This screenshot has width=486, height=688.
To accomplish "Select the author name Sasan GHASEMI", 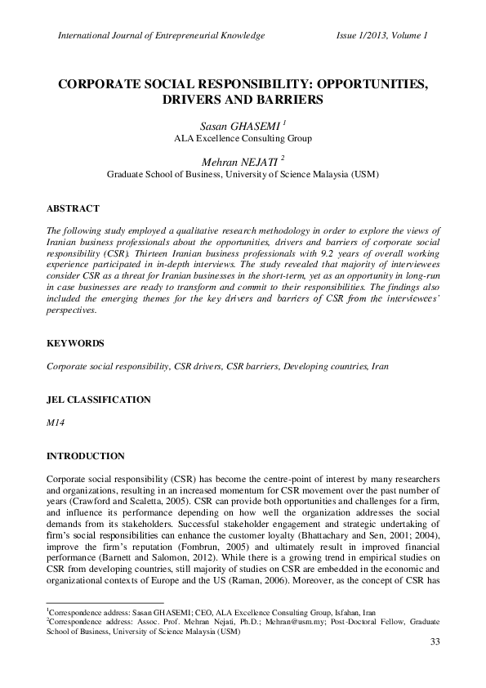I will [240, 125].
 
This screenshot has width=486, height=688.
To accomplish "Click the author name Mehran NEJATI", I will [240, 160].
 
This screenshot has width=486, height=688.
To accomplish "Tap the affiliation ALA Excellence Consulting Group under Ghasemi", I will [243, 138].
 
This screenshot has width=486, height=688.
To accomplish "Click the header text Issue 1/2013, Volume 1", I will [381, 35].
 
